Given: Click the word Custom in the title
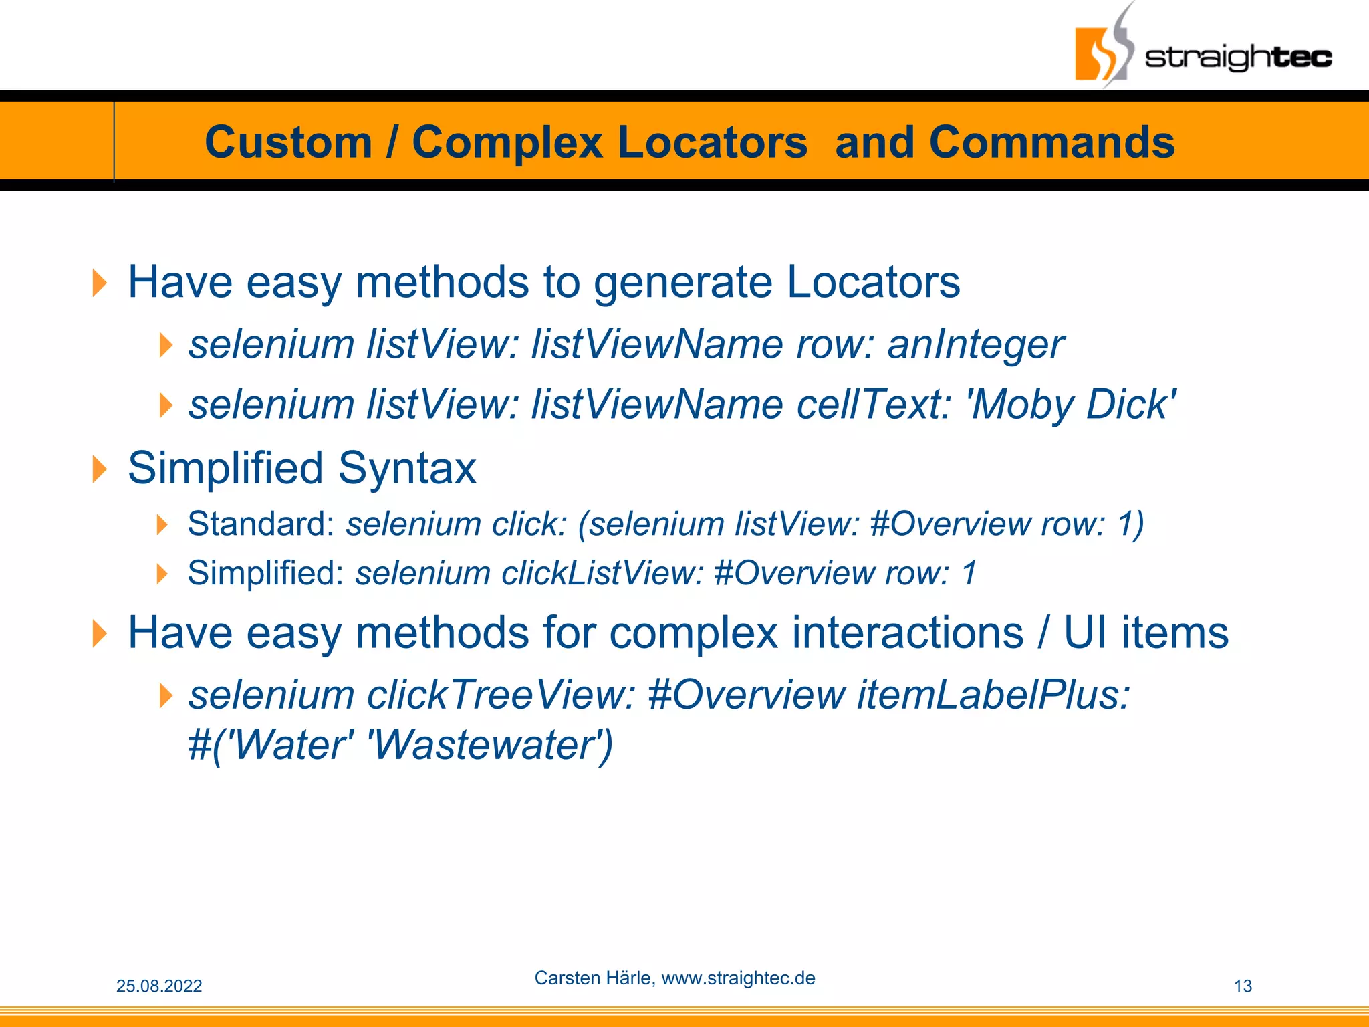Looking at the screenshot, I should [288, 142].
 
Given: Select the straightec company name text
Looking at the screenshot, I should [1238, 58].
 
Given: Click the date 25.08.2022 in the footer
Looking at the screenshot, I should [159, 986].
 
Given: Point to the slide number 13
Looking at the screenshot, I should [1243, 986].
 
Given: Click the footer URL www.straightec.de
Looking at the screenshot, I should [738, 978].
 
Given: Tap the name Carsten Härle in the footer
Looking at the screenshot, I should [594, 978].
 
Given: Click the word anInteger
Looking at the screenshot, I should [975, 345].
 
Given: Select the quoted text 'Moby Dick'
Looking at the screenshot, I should [1072, 405].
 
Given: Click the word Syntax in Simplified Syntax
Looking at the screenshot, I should [407, 468].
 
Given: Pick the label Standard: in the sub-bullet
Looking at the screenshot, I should [261, 524].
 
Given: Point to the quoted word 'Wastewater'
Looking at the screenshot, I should [490, 745].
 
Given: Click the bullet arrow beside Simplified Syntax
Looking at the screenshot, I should [100, 469].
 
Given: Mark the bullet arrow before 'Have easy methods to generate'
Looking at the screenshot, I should [100, 283].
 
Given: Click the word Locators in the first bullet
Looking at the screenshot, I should [873, 282].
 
